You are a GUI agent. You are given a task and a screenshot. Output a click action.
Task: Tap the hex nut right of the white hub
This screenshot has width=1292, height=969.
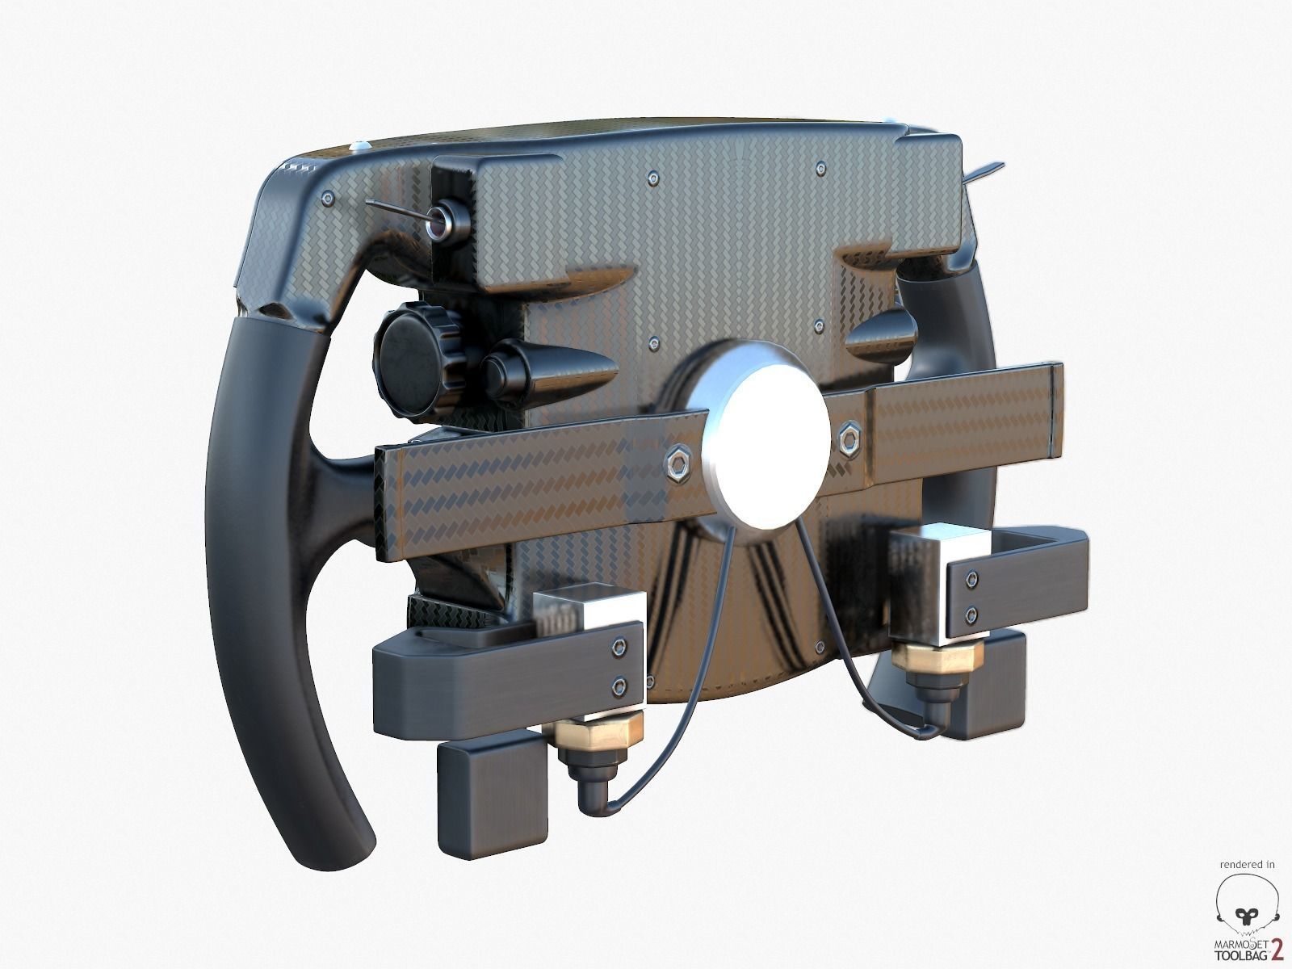[x=849, y=441]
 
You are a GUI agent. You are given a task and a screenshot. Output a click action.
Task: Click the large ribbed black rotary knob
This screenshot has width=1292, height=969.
[x=412, y=362]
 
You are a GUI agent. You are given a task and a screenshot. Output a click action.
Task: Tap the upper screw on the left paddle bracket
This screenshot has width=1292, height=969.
[x=619, y=646]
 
